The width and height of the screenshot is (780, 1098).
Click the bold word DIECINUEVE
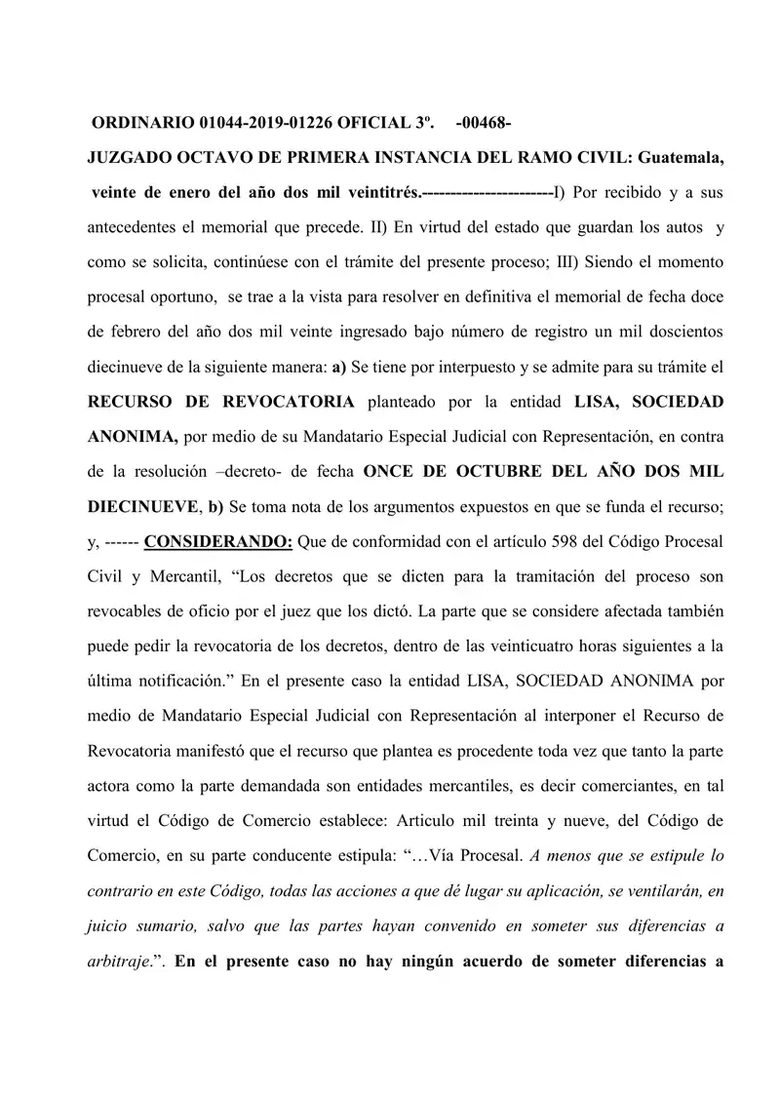[143, 505]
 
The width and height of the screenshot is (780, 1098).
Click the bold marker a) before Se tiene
[338, 366]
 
